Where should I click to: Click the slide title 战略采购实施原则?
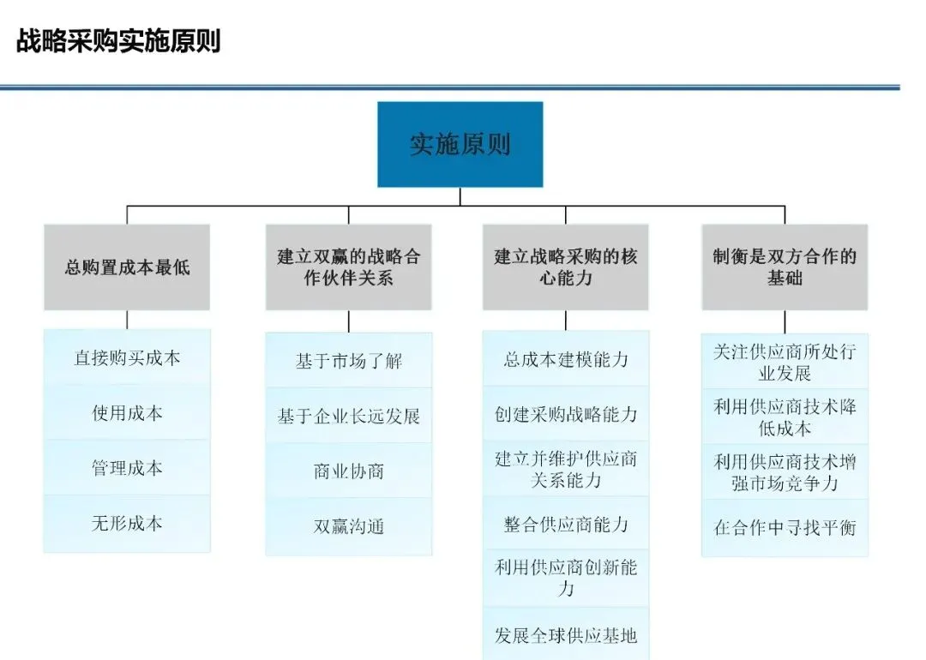click(x=118, y=41)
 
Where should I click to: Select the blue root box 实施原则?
click(x=460, y=144)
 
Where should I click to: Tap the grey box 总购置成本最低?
click(x=127, y=267)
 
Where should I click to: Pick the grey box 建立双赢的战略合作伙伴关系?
click(x=349, y=267)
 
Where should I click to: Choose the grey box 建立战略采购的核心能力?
click(x=566, y=267)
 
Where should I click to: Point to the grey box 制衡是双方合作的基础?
click(x=785, y=267)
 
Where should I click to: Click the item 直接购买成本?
click(x=127, y=357)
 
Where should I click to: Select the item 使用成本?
click(x=127, y=413)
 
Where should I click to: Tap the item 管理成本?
click(x=127, y=468)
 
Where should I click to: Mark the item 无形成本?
click(x=127, y=523)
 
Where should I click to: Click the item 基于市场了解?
click(x=349, y=361)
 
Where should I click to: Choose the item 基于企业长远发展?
click(x=349, y=417)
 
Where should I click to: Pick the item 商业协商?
click(x=349, y=471)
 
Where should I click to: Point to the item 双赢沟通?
click(x=349, y=526)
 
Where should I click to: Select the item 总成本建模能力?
click(x=566, y=359)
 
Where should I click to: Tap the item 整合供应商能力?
click(x=566, y=525)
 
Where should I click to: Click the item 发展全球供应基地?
click(x=566, y=635)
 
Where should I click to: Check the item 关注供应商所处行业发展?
click(x=785, y=363)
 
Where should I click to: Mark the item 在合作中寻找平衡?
click(x=785, y=528)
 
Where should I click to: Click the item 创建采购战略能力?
click(x=566, y=415)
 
